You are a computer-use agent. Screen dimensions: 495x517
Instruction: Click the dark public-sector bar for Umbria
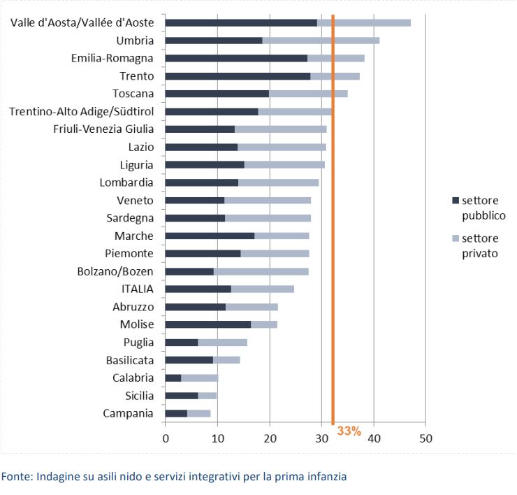214,41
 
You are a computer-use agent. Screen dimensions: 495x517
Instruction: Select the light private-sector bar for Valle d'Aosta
364,22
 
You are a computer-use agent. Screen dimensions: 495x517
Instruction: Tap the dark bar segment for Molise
207,324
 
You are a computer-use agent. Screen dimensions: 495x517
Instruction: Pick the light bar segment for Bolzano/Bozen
261,271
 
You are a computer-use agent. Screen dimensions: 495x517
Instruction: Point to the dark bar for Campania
176,413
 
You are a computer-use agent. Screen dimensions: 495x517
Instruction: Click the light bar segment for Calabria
200,378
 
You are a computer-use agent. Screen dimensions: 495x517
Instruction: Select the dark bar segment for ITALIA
198,289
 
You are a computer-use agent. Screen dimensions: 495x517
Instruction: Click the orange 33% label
349,431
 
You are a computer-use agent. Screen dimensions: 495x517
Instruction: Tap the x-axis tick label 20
270,439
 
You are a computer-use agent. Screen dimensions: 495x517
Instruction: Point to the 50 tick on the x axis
425,439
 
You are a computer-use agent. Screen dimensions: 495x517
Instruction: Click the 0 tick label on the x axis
166,439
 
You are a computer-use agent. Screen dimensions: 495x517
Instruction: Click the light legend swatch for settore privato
456,238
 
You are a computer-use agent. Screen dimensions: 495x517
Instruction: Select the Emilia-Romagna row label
112,58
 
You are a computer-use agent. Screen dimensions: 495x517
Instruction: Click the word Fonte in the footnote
15,477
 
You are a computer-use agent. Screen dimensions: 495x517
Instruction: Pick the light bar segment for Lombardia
278,182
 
